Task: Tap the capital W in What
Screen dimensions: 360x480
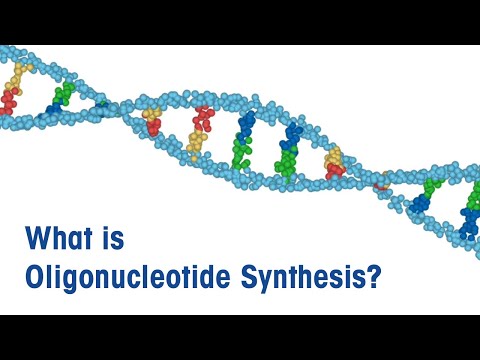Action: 41,240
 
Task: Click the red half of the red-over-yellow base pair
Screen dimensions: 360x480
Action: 204,119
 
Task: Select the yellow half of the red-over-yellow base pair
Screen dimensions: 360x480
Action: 196,143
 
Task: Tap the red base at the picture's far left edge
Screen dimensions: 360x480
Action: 9,100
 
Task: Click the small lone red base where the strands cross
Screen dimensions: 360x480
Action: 381,182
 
